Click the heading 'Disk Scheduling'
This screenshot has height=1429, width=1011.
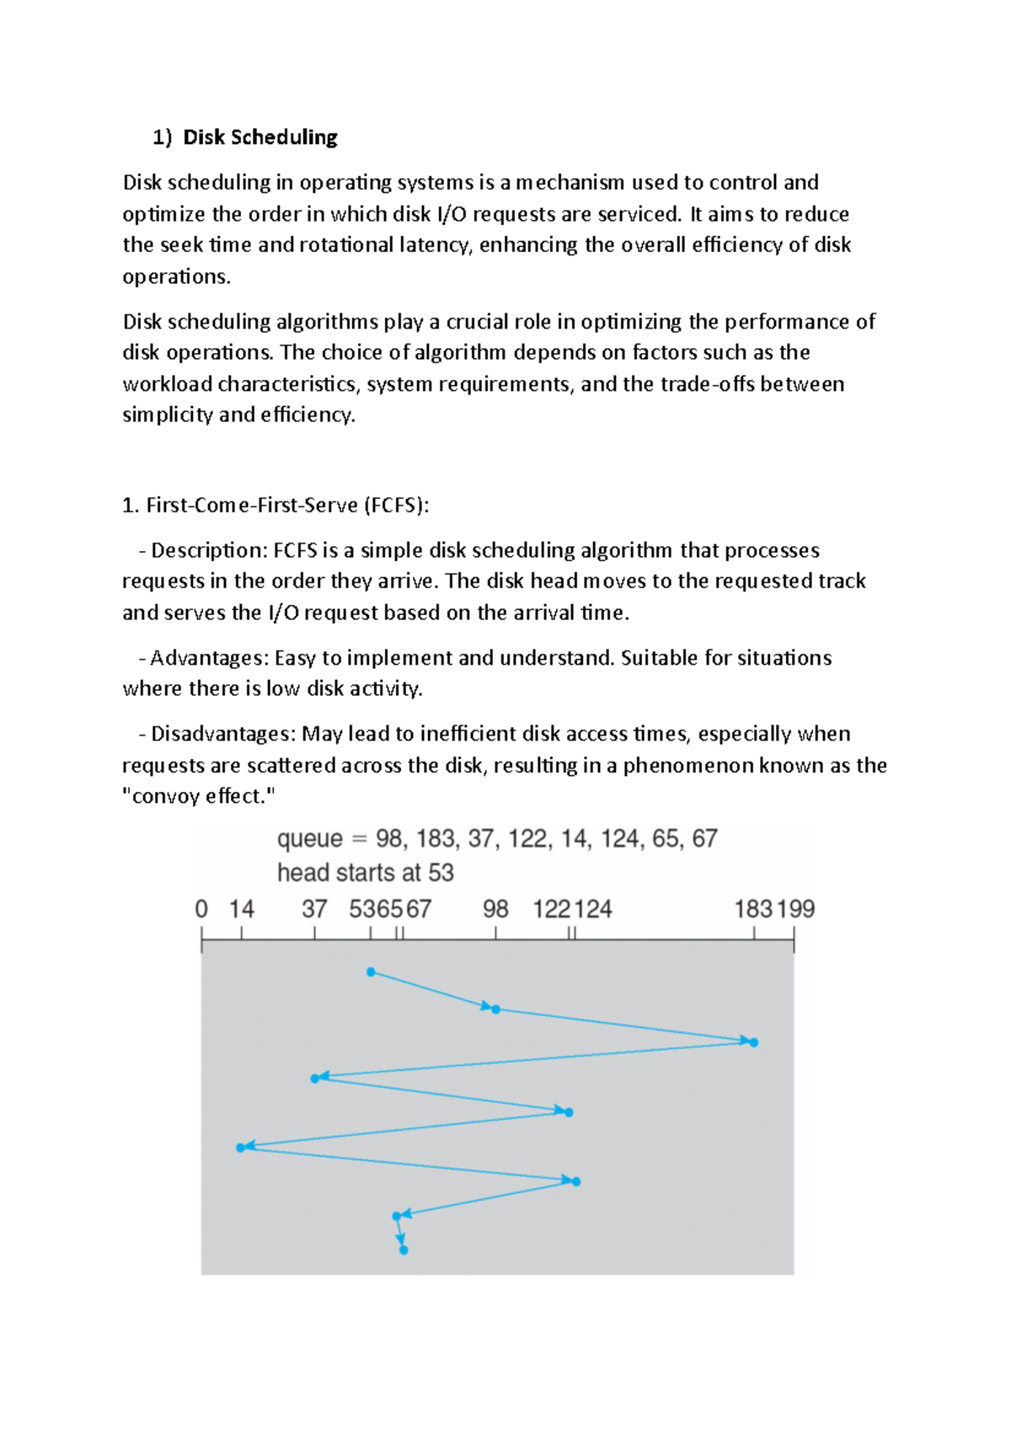coord(259,137)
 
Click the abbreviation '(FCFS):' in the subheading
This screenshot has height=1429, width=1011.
coord(396,506)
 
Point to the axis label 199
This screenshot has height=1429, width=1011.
coord(795,909)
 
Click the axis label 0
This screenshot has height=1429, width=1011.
coord(201,909)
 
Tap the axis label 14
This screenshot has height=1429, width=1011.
coord(241,909)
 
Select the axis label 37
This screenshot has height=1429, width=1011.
coord(314,909)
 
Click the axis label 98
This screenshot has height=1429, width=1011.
coord(495,909)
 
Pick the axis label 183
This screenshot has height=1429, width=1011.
coord(752,909)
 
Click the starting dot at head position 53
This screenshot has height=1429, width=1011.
coord(371,972)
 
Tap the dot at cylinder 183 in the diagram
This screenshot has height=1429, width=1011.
coord(754,1042)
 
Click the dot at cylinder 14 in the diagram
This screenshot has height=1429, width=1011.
coord(241,1148)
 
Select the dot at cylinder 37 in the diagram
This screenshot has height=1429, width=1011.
coord(315,1078)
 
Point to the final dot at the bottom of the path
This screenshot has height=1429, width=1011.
coord(404,1250)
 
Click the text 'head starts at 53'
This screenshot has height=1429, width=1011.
coord(366,873)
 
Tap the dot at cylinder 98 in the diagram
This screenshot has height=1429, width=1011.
coord(495,1009)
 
